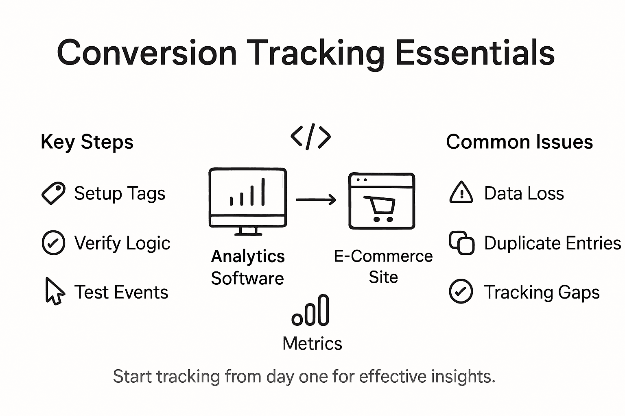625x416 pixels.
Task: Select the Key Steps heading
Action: pos(87,142)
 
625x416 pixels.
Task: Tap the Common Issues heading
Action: pos(519,142)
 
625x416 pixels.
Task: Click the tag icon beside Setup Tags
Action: pos(53,193)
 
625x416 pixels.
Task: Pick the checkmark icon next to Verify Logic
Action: pos(53,243)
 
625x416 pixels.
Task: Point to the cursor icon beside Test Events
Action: pos(54,291)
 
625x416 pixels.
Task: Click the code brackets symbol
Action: pos(311,137)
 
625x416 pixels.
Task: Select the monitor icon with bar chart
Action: pos(247,197)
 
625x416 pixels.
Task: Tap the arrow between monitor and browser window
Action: pos(316,199)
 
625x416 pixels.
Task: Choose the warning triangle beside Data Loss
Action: pos(461,193)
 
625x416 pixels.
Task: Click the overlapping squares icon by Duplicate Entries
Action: pos(461,243)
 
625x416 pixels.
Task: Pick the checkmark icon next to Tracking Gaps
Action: pos(461,291)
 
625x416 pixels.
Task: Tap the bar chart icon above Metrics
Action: pos(311,311)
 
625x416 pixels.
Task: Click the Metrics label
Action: pos(312,344)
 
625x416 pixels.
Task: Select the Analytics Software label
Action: pos(248,267)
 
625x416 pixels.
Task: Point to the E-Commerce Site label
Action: pos(383,266)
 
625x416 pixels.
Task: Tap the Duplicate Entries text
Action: pos(552,243)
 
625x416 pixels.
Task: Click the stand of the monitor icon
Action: pos(248,231)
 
